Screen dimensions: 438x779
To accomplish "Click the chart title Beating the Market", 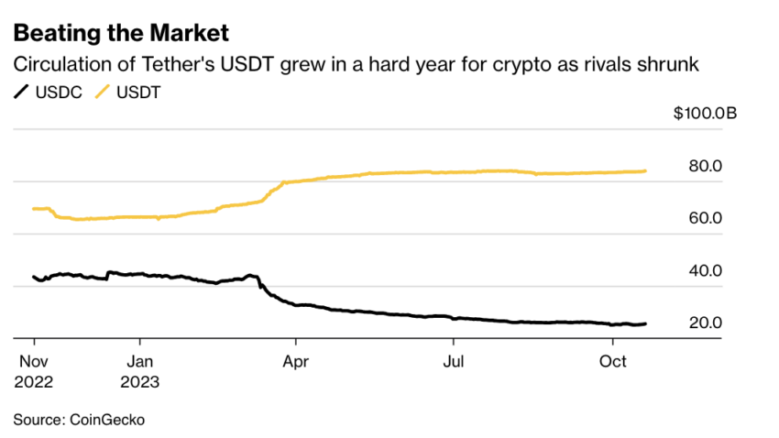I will (120, 33).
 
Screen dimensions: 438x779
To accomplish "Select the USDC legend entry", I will (51, 93).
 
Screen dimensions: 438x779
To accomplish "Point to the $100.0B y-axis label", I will (704, 114).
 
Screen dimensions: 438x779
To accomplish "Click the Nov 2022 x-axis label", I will (33, 371).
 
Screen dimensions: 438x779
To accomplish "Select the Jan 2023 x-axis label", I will (140, 371).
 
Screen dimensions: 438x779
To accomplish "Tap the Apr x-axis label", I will (295, 362).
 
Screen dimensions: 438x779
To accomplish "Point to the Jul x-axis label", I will (453, 362).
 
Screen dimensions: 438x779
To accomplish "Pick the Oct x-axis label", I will (612, 362).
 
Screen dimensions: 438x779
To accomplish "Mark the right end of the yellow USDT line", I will (646, 170).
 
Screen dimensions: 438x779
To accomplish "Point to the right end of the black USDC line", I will (646, 323).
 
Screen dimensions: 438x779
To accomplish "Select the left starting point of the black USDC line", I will (33, 277).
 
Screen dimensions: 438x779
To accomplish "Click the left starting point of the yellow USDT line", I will (33, 209).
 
